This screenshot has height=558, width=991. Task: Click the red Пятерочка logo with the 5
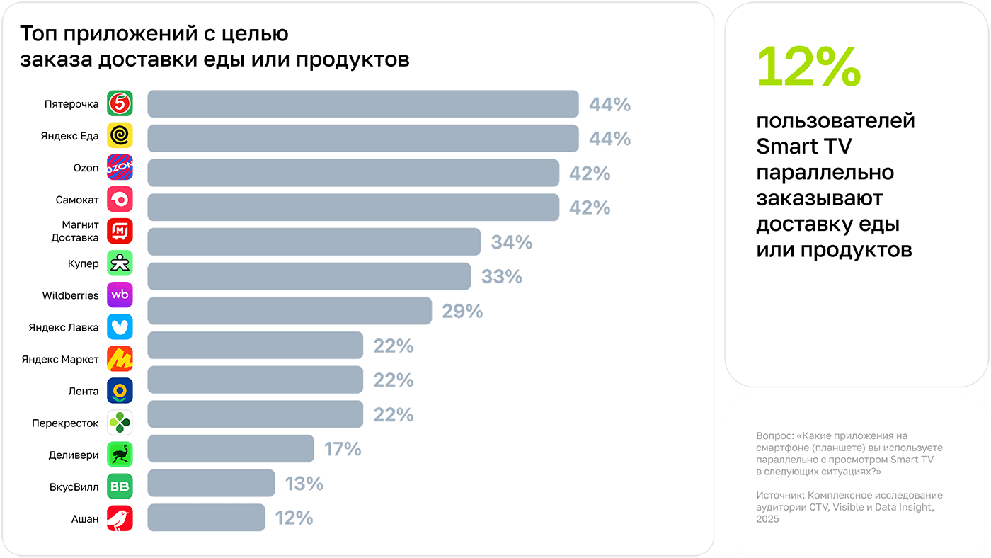pyautogui.click(x=120, y=103)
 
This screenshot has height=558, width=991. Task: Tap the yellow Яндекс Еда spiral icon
pyautogui.click(x=120, y=135)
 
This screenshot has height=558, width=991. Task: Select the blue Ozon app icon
pyautogui.click(x=120, y=167)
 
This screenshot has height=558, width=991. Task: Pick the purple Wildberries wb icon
pyautogui.click(x=120, y=295)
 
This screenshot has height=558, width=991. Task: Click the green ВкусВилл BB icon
pyautogui.click(x=120, y=486)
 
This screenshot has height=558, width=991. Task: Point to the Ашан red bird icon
pyautogui.click(x=120, y=518)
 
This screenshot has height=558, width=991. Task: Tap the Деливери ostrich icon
pyautogui.click(x=120, y=455)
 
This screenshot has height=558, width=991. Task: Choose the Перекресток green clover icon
pyautogui.click(x=120, y=423)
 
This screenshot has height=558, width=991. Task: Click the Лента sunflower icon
pyautogui.click(x=120, y=391)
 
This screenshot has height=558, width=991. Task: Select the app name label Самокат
pyautogui.click(x=77, y=200)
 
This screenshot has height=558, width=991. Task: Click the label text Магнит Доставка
pyautogui.click(x=74, y=232)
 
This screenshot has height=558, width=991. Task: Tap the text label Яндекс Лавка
pyautogui.click(x=64, y=327)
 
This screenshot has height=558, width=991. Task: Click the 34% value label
pyautogui.click(x=511, y=242)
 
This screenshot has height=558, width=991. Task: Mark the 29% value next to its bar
pyautogui.click(x=462, y=311)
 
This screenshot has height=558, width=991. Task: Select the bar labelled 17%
pyautogui.click(x=231, y=448)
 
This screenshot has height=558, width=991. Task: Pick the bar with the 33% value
pyautogui.click(x=309, y=276)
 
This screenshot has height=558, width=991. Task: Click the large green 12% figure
pyautogui.click(x=808, y=67)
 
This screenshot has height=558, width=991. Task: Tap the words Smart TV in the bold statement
pyautogui.click(x=803, y=147)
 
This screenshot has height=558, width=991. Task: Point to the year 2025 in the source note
pyautogui.click(x=767, y=519)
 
